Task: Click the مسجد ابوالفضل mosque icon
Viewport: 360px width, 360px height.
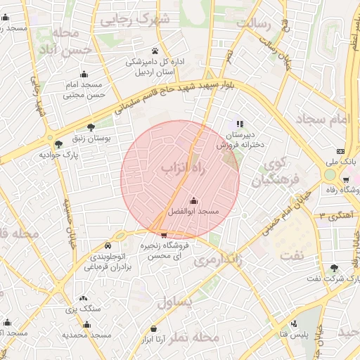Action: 194,201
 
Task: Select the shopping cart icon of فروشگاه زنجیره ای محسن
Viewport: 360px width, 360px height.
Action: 164,235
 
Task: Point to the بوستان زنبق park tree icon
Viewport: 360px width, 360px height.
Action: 91,129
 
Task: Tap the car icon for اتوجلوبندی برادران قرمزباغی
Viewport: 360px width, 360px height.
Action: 108,246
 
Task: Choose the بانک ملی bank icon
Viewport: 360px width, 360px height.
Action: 341,151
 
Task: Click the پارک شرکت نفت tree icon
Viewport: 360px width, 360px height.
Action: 334,267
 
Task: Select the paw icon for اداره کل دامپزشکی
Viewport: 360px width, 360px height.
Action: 155,51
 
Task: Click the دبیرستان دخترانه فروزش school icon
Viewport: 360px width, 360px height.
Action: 240,124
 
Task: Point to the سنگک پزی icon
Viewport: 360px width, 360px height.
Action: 84,299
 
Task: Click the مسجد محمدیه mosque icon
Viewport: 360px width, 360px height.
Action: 86,324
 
